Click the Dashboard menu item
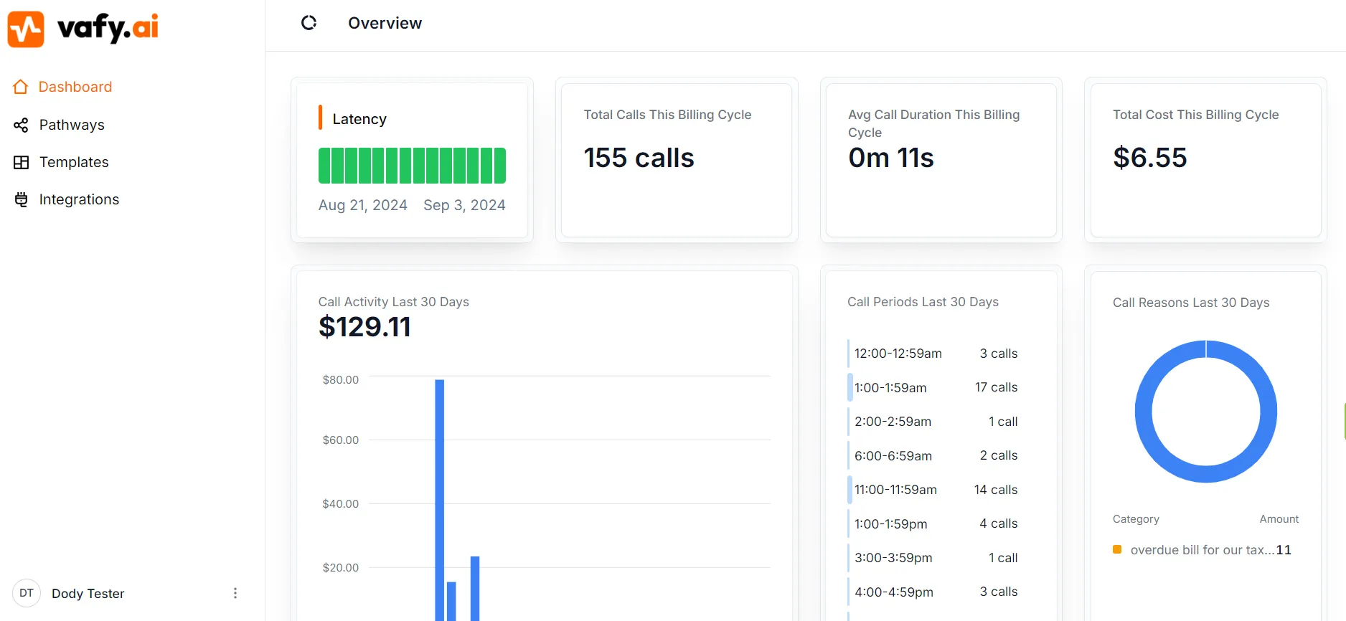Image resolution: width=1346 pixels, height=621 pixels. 75,87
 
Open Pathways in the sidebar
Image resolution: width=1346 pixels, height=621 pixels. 71,125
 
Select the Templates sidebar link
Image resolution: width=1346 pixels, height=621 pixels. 73,162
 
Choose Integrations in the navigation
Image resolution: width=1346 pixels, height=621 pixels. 79,199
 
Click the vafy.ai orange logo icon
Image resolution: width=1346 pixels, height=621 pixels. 26,29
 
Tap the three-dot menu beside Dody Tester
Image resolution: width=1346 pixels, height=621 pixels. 235,593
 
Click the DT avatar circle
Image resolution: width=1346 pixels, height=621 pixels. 27,593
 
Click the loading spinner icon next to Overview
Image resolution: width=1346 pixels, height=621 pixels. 309,23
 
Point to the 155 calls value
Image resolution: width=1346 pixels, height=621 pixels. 639,158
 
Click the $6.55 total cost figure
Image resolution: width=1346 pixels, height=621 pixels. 1149,158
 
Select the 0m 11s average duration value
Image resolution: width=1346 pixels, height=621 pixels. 890,158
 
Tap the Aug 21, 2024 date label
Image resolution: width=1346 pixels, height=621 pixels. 362,205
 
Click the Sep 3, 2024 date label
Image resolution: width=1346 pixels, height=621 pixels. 464,205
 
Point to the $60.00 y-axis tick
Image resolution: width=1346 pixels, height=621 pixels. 340,440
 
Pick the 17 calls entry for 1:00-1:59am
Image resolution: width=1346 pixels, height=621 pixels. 996,387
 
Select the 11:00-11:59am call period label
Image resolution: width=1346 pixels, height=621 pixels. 895,490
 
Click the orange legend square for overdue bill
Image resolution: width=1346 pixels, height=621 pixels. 1117,549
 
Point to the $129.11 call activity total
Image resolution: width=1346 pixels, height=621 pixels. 364,327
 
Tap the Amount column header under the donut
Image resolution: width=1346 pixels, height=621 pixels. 1279,519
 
